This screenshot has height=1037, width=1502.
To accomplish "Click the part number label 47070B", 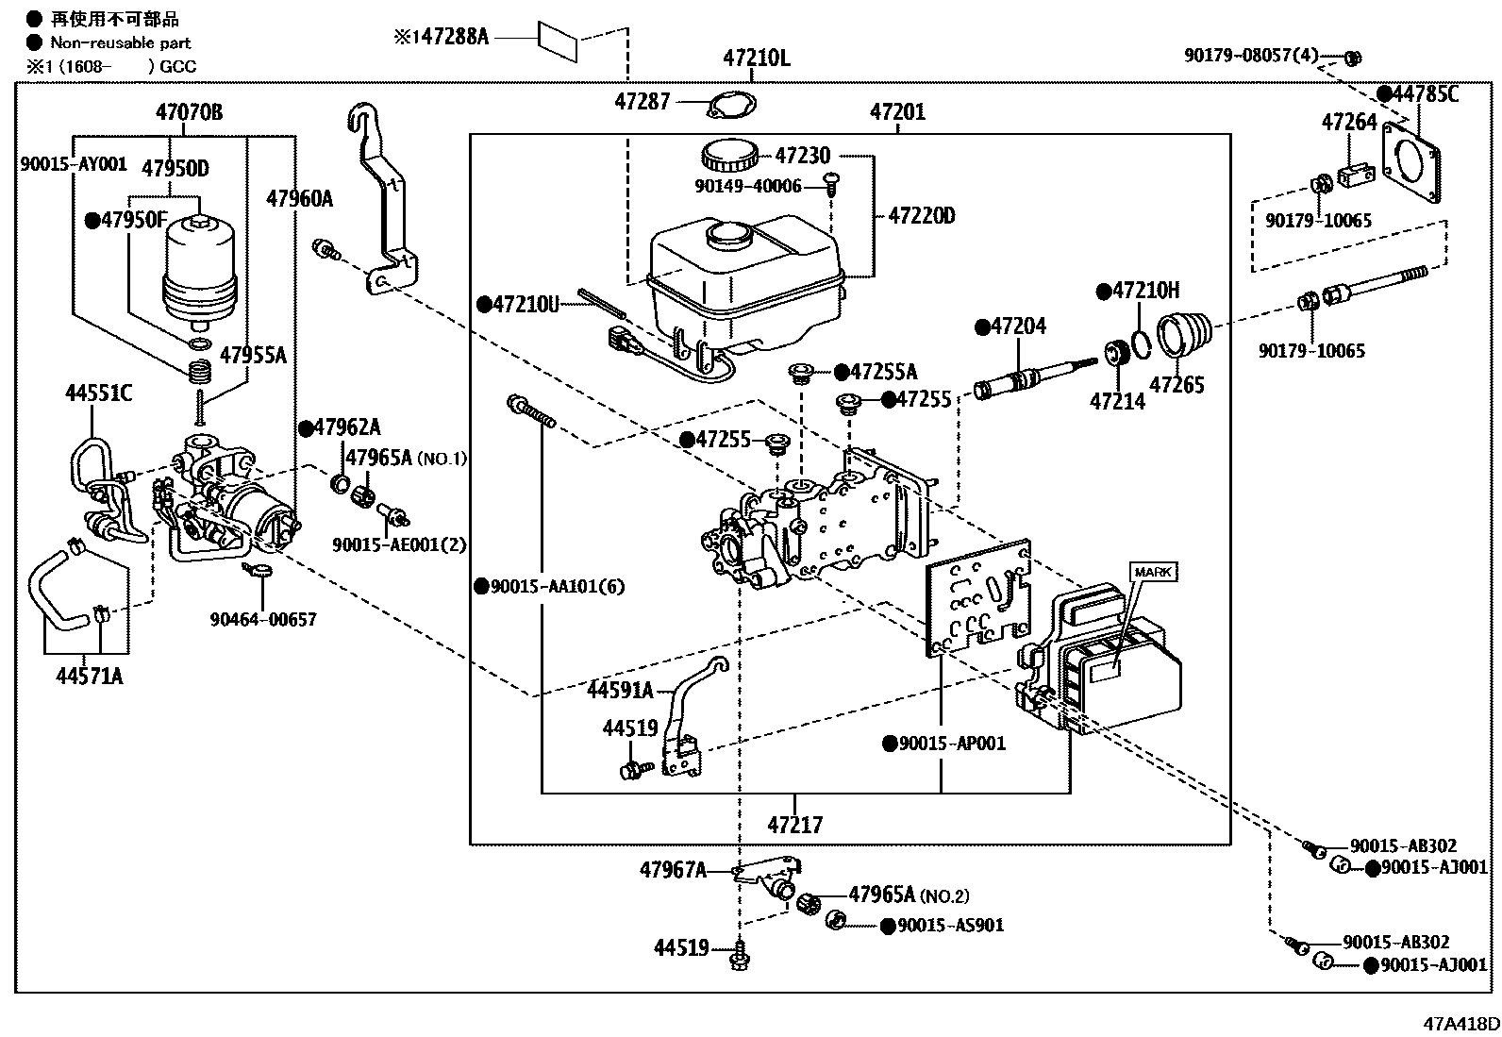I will (189, 113).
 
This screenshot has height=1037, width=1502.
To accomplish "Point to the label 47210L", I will (757, 58).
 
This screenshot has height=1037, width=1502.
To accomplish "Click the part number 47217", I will (794, 825).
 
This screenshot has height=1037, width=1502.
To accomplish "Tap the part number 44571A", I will (89, 676).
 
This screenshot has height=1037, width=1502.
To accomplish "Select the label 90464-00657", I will (263, 620).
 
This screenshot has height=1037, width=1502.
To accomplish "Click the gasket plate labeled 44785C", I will (1411, 166).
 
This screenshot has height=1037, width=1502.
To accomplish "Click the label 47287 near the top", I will (642, 101).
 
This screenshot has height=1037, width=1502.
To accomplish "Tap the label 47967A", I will (673, 870).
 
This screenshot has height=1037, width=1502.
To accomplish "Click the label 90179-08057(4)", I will (1250, 56).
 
